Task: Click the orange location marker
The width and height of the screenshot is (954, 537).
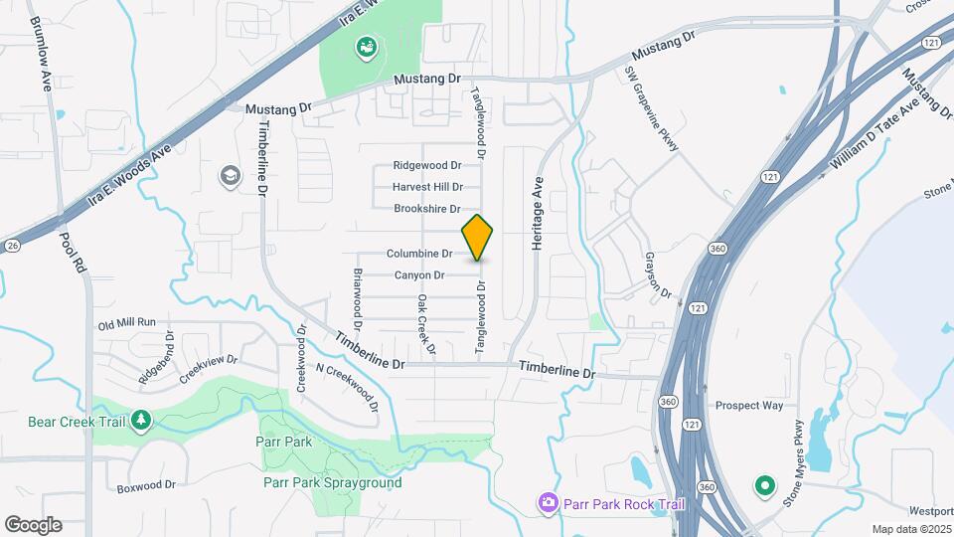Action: point(478,237)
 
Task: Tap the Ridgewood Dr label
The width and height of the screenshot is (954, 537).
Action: point(427,165)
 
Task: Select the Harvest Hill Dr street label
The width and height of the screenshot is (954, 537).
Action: point(427,187)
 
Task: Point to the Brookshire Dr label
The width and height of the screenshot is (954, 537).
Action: point(426,209)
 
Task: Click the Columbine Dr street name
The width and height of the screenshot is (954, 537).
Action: point(419,254)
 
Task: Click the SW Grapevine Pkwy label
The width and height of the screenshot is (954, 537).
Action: point(652,109)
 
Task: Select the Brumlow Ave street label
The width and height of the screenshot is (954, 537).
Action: point(40,54)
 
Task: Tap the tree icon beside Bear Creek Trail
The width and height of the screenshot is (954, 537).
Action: point(141,421)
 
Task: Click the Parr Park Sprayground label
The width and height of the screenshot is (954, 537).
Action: point(333,483)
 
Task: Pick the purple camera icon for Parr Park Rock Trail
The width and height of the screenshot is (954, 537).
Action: point(548,503)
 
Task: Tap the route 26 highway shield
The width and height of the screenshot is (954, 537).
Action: point(11,246)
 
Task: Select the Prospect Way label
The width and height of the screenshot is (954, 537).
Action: point(749,406)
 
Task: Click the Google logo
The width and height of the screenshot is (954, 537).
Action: point(33,524)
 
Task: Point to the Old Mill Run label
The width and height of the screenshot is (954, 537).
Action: point(127,323)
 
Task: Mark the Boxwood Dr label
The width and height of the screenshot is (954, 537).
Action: point(146,486)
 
